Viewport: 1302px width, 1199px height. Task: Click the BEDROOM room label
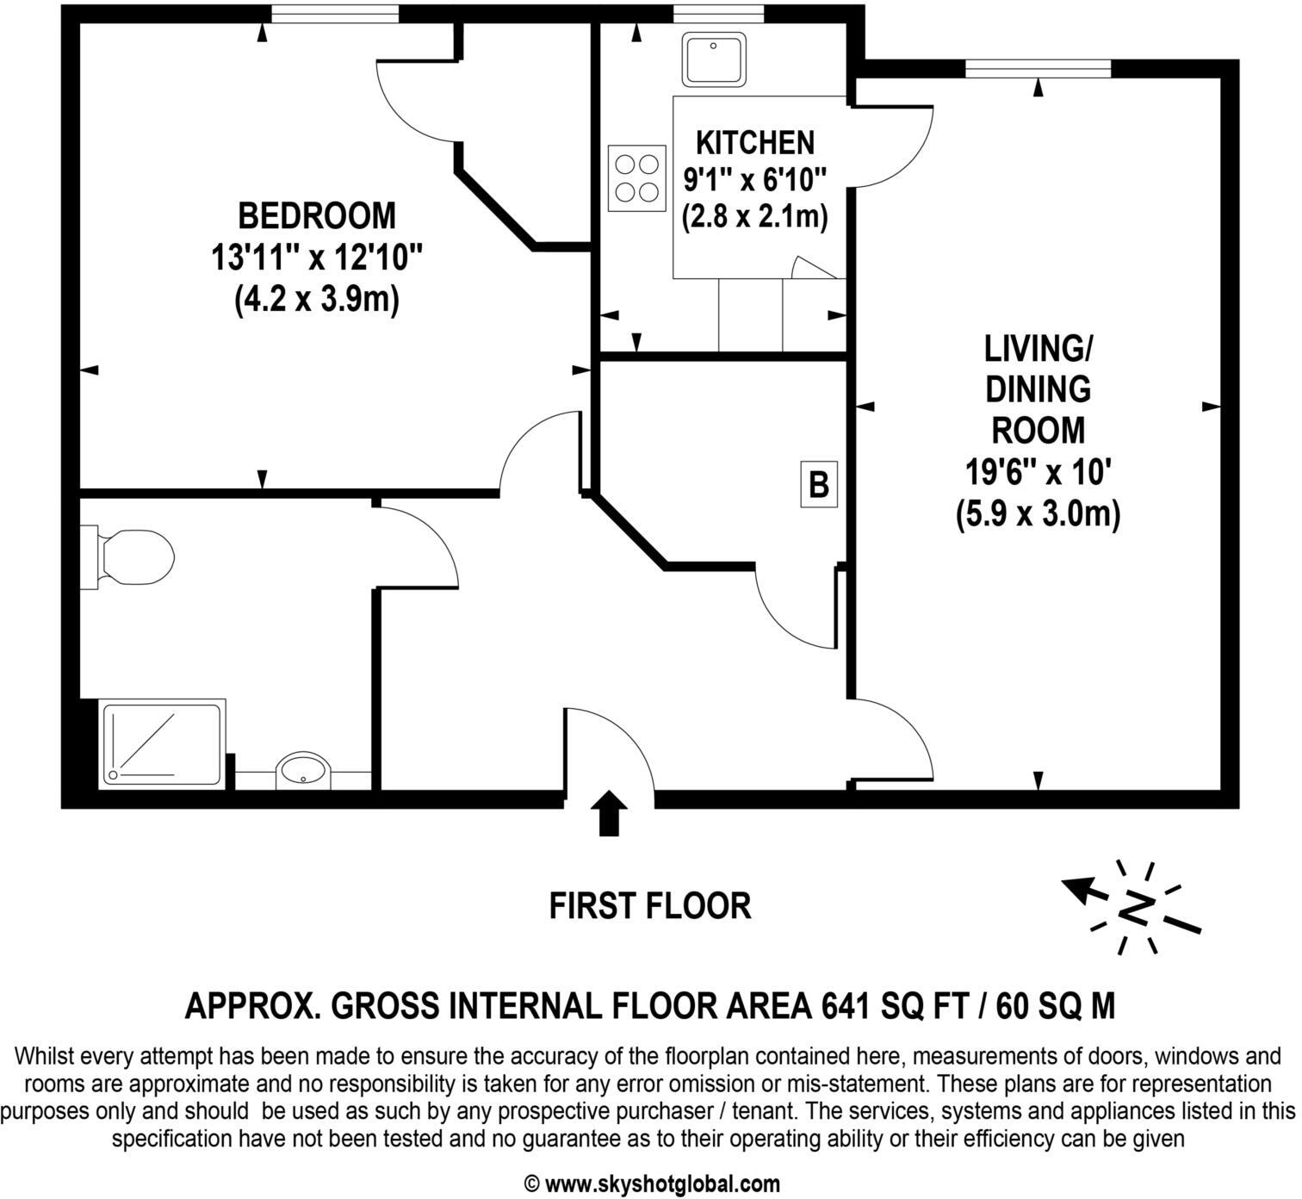pos(317,215)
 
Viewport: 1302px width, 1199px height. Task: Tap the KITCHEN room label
pos(754,142)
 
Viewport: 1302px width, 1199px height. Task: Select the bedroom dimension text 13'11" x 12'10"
pos(317,258)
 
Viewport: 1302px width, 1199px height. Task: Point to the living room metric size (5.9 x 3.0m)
pos(1038,514)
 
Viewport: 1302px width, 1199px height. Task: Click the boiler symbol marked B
pos(819,484)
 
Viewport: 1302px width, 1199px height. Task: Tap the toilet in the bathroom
pos(129,556)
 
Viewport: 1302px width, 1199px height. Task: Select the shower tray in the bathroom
pos(164,743)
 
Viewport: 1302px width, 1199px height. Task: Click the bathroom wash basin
pos(302,769)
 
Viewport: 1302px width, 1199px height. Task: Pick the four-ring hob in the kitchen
pos(637,178)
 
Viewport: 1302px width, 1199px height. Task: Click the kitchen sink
pos(715,59)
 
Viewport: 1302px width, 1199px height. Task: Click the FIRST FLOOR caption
pos(650,906)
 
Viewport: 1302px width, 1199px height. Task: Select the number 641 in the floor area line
pos(850,1005)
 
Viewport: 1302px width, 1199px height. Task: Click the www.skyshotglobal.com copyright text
pos(652,1183)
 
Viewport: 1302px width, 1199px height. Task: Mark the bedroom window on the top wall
pos(334,14)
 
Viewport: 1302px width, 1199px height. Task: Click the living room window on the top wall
pos(1038,69)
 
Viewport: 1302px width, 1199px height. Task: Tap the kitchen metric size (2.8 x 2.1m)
pos(754,217)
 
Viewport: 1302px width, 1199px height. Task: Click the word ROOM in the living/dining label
pos(1038,430)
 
